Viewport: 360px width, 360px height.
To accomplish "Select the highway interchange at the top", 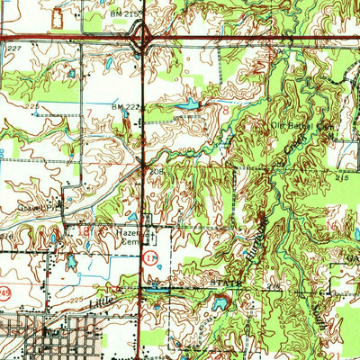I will tap(142, 38).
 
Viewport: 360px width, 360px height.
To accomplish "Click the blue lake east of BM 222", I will tap(187, 105).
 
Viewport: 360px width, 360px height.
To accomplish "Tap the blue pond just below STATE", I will tap(219, 304).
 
